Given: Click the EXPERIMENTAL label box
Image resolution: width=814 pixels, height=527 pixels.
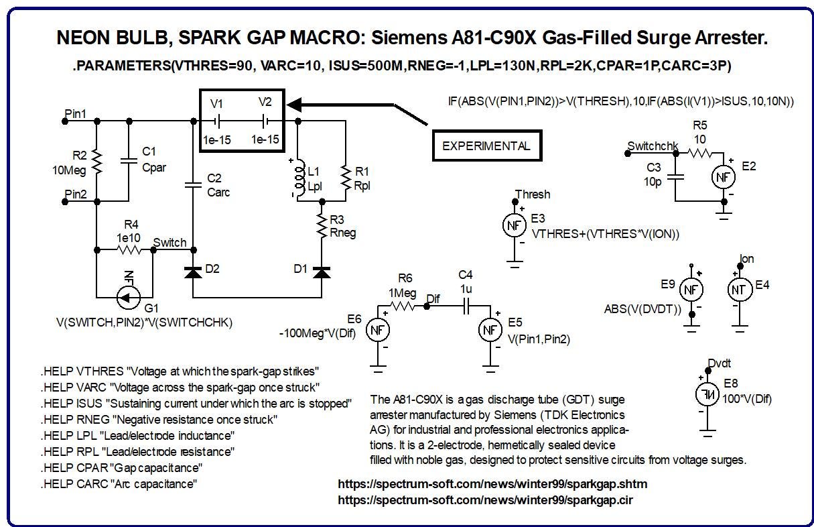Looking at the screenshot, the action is (487, 145).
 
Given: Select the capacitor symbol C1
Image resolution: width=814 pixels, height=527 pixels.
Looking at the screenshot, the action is (129, 161).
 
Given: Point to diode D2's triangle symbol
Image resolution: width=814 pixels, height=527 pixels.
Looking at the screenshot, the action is (194, 272).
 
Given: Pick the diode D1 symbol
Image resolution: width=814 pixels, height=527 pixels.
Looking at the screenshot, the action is (322, 272).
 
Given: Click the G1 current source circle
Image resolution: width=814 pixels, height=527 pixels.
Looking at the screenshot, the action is (128, 298).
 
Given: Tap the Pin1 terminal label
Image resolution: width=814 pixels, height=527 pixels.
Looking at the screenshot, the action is (75, 113).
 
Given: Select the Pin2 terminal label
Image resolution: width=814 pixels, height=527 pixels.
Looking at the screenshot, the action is (76, 194).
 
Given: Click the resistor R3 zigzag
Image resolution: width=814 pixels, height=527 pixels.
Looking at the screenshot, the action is (322, 226).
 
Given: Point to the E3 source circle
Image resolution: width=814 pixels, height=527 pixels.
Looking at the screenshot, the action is (515, 225).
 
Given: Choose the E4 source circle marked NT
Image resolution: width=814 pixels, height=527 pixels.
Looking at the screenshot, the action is (740, 290).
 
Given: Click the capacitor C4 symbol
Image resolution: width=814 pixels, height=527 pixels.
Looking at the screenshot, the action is (466, 306).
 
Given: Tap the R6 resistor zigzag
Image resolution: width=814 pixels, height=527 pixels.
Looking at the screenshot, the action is (402, 306).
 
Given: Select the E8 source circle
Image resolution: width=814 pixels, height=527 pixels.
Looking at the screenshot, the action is (707, 394).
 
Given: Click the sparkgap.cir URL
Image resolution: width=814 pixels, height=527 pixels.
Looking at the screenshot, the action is (486, 500).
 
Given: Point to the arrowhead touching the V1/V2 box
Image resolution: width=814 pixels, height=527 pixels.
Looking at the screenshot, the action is (294, 105).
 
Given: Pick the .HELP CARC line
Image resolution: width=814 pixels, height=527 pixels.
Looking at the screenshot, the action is (119, 484).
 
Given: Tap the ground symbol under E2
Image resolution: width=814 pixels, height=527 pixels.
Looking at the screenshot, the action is (724, 216).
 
